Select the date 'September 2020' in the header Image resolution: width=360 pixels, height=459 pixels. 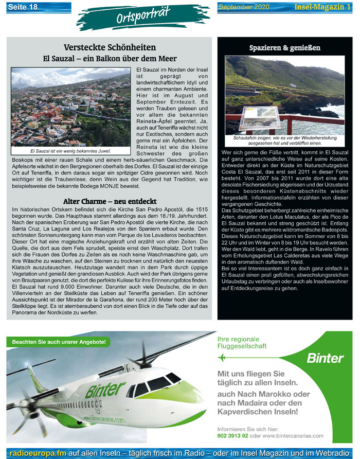[244, 7]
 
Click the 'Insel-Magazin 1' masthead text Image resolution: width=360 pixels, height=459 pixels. [323, 7]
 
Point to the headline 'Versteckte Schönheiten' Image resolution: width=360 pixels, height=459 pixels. [110, 47]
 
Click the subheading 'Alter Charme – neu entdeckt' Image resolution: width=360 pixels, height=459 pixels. [109, 201]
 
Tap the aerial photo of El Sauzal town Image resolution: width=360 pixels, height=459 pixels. [70, 108]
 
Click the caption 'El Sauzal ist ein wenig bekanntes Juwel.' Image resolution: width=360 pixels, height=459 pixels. [70, 151]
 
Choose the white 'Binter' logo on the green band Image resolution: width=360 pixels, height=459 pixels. [325, 358]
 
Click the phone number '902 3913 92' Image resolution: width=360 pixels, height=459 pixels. [233, 435]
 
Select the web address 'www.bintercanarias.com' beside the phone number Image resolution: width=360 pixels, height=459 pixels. [293, 435]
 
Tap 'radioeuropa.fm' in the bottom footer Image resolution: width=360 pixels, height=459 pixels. [37, 453]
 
